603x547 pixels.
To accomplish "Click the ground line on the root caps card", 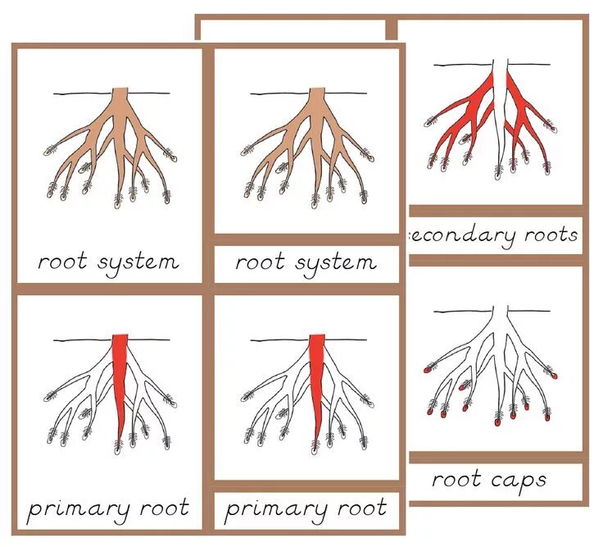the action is [459, 312].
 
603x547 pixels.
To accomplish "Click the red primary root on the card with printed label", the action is [120, 377].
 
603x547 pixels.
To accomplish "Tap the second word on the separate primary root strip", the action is [353, 509].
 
